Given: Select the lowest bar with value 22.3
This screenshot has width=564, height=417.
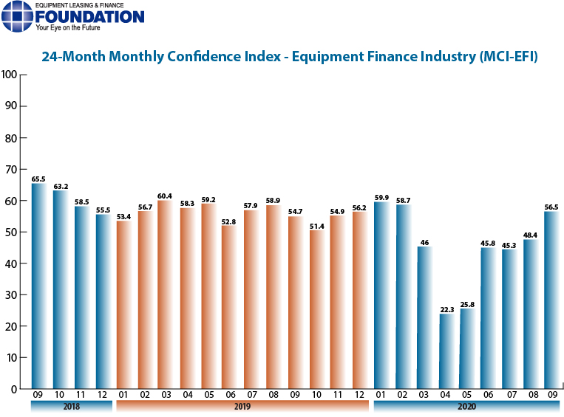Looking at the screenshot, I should click(446, 351).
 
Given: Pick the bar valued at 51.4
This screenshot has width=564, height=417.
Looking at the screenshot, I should click(316, 309).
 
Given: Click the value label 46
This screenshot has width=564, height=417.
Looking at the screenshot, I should click(424, 242).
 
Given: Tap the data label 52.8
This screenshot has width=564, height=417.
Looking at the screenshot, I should click(231, 221).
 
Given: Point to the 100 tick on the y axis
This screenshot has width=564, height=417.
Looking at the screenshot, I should click(10, 75).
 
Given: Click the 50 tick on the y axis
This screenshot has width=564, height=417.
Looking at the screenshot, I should click(12, 232).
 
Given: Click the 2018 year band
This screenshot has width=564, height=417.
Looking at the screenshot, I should click(71, 406).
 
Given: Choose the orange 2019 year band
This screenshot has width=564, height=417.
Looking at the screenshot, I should click(242, 406).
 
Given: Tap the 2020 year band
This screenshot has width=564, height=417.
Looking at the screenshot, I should click(466, 406).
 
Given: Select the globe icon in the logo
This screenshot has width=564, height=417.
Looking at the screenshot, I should click(18, 17).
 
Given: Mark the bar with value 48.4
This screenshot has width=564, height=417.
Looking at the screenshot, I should click(531, 314).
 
